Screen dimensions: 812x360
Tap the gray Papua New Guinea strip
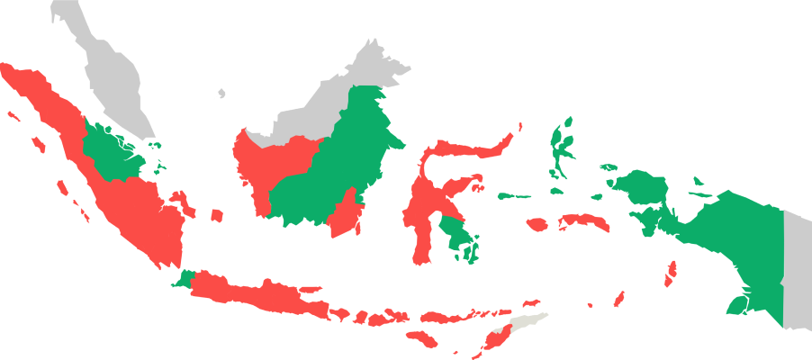point(797,270)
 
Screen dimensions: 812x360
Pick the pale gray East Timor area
point(526,323)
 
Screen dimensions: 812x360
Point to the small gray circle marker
point(221,93)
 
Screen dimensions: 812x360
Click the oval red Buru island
point(537,225)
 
